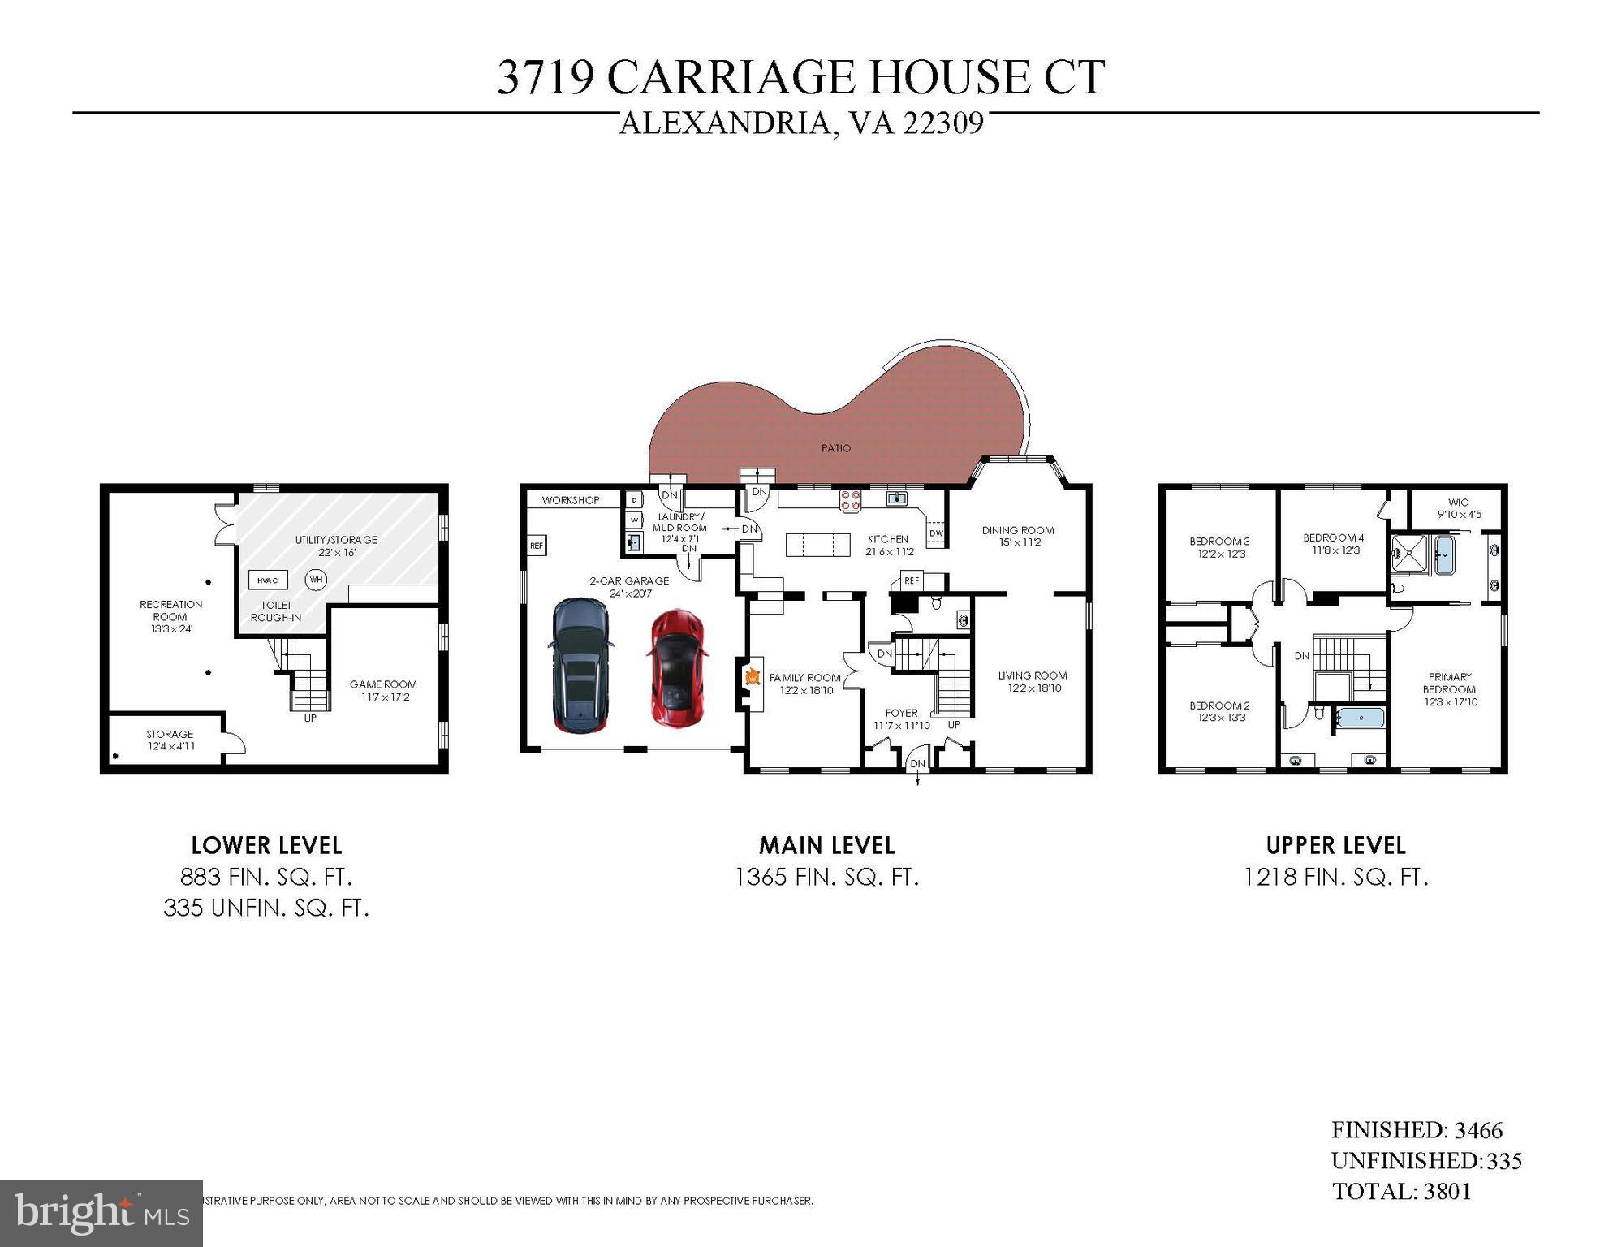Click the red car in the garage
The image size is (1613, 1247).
click(x=675, y=668)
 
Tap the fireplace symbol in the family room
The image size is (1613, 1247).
click(x=752, y=676)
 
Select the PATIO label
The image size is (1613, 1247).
click(x=836, y=448)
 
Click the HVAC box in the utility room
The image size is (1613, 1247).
click(x=268, y=580)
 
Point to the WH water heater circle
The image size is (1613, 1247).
click(x=316, y=580)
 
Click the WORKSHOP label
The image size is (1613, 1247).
click(x=571, y=500)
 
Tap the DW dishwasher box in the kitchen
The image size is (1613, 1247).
click(x=935, y=533)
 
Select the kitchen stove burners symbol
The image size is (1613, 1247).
click(x=850, y=500)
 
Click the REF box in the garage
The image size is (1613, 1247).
click(x=537, y=546)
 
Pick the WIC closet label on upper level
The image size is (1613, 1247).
click(x=1458, y=503)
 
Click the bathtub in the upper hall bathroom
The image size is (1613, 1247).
click(x=1361, y=718)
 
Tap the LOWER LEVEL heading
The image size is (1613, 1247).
click(x=266, y=846)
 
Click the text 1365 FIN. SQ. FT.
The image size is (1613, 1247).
click(x=826, y=878)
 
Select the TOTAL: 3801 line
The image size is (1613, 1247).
click(x=1401, y=1192)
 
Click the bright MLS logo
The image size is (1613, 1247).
click(x=101, y=1214)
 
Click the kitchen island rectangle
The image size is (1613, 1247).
click(x=817, y=544)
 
